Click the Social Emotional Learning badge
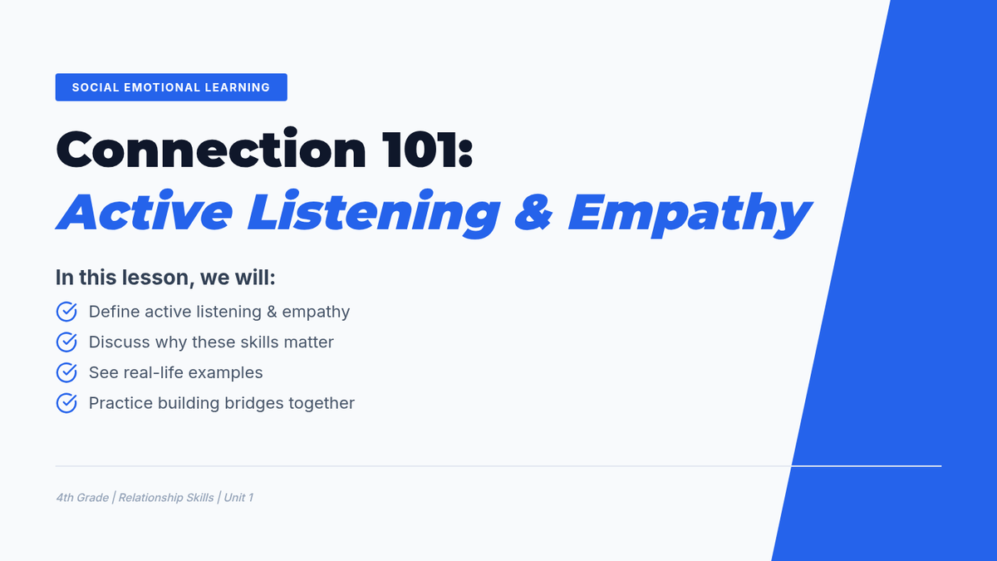(171, 87)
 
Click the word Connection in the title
(211, 150)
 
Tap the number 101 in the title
(420, 150)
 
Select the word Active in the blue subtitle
(145, 210)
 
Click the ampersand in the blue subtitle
(533, 211)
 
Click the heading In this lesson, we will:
(165, 278)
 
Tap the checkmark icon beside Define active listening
(66, 312)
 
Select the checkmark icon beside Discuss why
(66, 342)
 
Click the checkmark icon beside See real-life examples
(66, 372)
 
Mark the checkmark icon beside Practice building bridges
(66, 403)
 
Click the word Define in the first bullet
(115, 312)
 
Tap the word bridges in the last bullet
(253, 404)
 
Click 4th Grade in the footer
(82, 498)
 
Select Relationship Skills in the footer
(166, 498)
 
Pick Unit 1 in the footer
(238, 498)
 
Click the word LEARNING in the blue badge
(238, 87)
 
